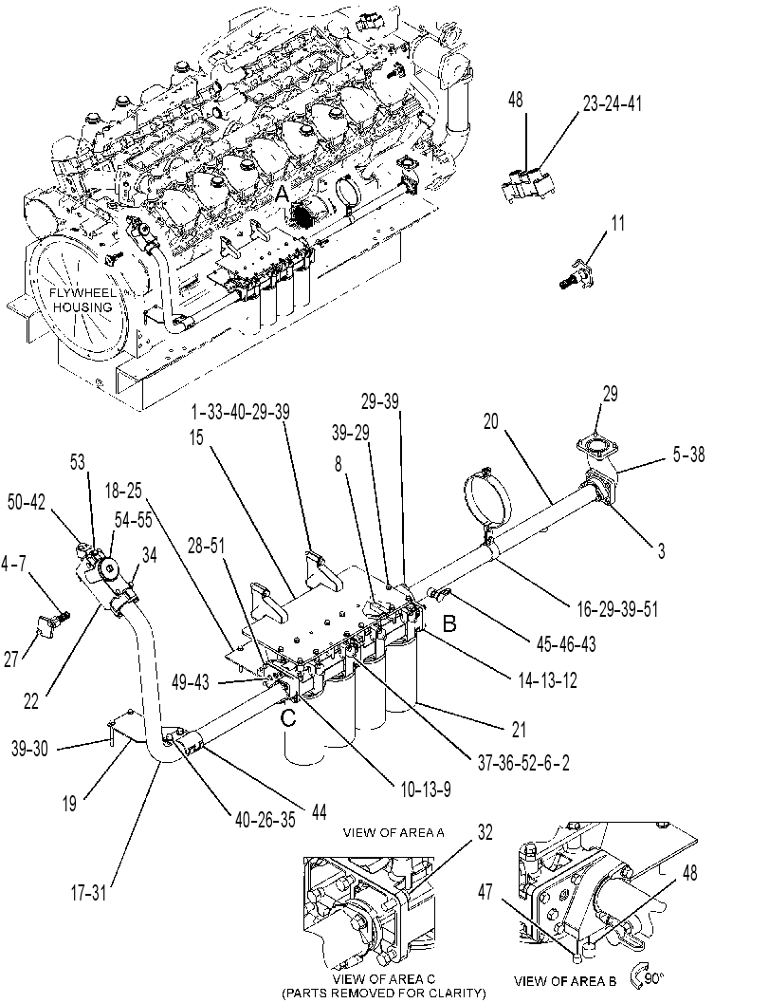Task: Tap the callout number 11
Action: [617, 223]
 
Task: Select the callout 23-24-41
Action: [612, 103]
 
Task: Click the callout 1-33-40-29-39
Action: [240, 413]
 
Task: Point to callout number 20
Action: [491, 422]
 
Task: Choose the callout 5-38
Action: [687, 455]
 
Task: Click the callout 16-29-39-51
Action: [617, 608]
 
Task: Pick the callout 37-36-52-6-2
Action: [523, 762]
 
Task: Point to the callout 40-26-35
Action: [265, 820]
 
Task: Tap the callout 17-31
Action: [89, 893]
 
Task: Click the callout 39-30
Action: [29, 748]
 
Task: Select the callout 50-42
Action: [27, 503]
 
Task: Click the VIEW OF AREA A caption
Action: [394, 832]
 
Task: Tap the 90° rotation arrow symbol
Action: [640, 975]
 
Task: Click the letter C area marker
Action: [289, 717]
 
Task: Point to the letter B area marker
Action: [449, 623]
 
